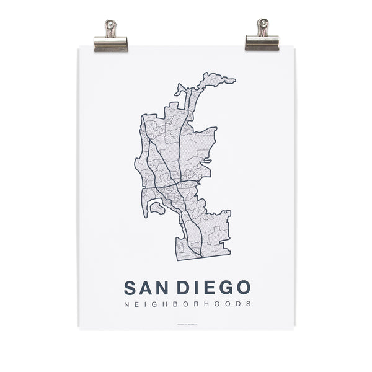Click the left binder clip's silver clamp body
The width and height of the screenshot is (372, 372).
[111, 43]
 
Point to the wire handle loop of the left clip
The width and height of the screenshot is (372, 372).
[111, 27]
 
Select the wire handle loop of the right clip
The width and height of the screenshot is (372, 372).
[262, 26]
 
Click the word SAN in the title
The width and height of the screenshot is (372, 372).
[147, 288]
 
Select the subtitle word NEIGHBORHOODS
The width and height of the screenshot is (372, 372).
[187, 304]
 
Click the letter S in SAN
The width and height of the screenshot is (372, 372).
[130, 288]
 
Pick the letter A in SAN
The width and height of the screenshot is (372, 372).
[147, 288]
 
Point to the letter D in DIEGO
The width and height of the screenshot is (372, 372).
[184, 288]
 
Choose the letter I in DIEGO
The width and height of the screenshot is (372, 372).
[197, 288]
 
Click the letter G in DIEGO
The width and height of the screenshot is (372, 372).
[224, 288]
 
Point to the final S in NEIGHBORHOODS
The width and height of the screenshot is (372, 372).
[249, 304]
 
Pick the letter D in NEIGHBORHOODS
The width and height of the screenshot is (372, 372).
[239, 304]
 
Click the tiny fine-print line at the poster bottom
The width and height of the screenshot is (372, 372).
[186, 323]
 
